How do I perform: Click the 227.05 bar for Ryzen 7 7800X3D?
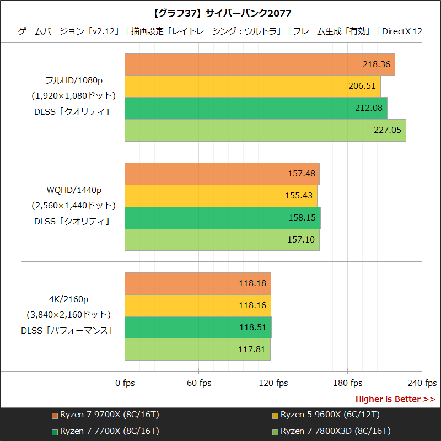point(265,131)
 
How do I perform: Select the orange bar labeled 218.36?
point(259,64)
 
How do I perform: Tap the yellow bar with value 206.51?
point(252,86)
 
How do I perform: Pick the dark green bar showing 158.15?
point(223,218)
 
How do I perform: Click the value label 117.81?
point(252,349)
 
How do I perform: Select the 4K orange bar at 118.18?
point(198,283)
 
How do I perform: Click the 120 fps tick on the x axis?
point(274,383)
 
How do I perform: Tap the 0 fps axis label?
point(125,383)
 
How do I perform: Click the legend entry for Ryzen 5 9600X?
point(330,415)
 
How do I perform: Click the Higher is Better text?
point(395,399)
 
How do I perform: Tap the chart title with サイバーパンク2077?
point(220,13)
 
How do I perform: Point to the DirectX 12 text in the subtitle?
point(402,31)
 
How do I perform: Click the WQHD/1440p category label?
point(74,190)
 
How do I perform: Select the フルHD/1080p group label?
point(74,80)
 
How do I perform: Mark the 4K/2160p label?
point(68,299)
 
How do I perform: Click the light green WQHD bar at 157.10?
point(222,240)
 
